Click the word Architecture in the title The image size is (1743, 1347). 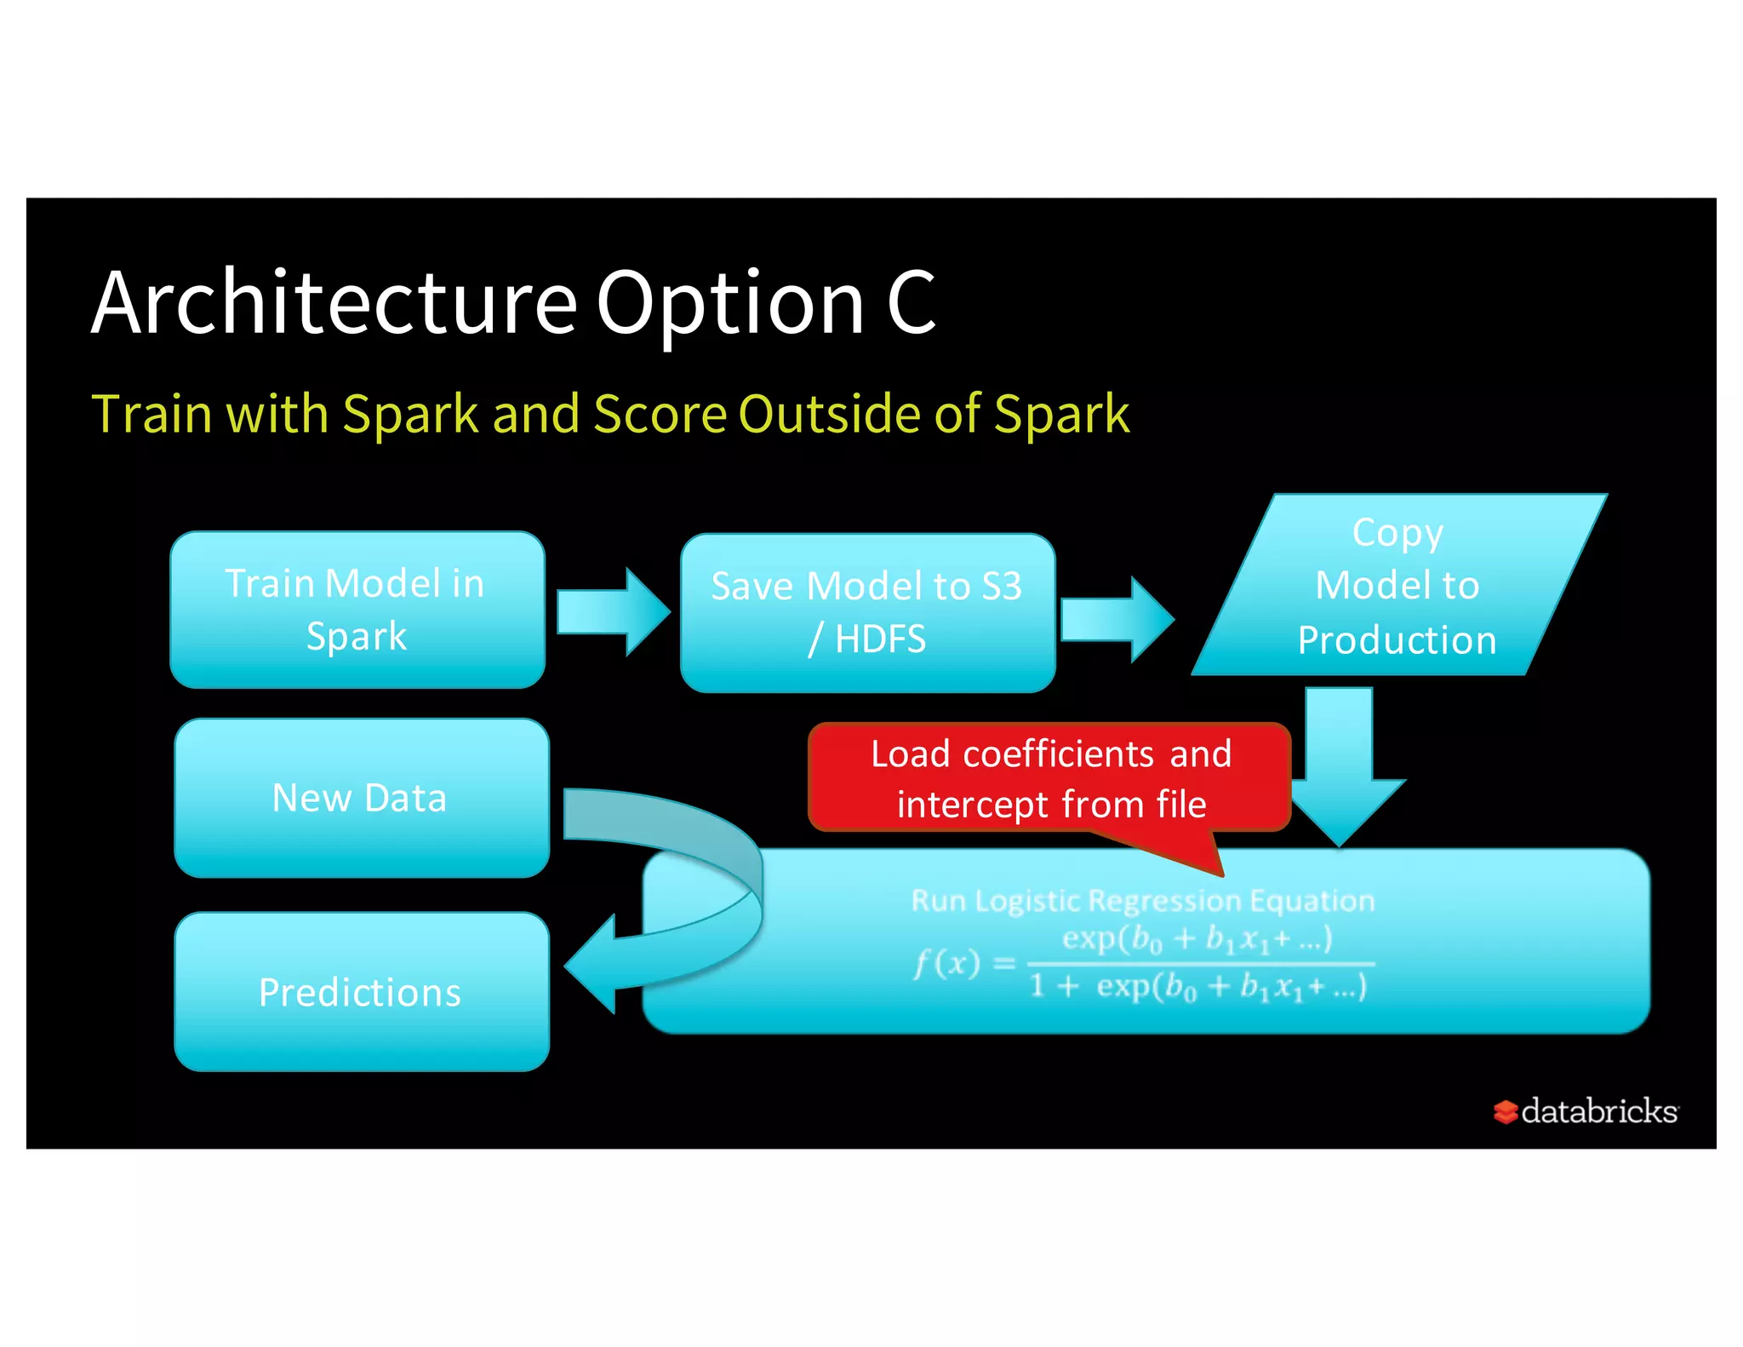(334, 303)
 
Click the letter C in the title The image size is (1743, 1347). (911, 303)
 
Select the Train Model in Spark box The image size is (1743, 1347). (357, 610)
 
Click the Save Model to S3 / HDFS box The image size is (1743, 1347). (866, 613)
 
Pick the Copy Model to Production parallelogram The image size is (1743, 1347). (1397, 586)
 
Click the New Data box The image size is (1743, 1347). (360, 798)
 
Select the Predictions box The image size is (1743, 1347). (360, 992)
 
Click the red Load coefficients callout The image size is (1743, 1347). (1049, 777)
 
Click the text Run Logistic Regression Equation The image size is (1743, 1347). (1142, 901)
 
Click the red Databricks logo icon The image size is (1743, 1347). (1505, 1112)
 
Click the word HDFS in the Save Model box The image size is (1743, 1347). (880, 639)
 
